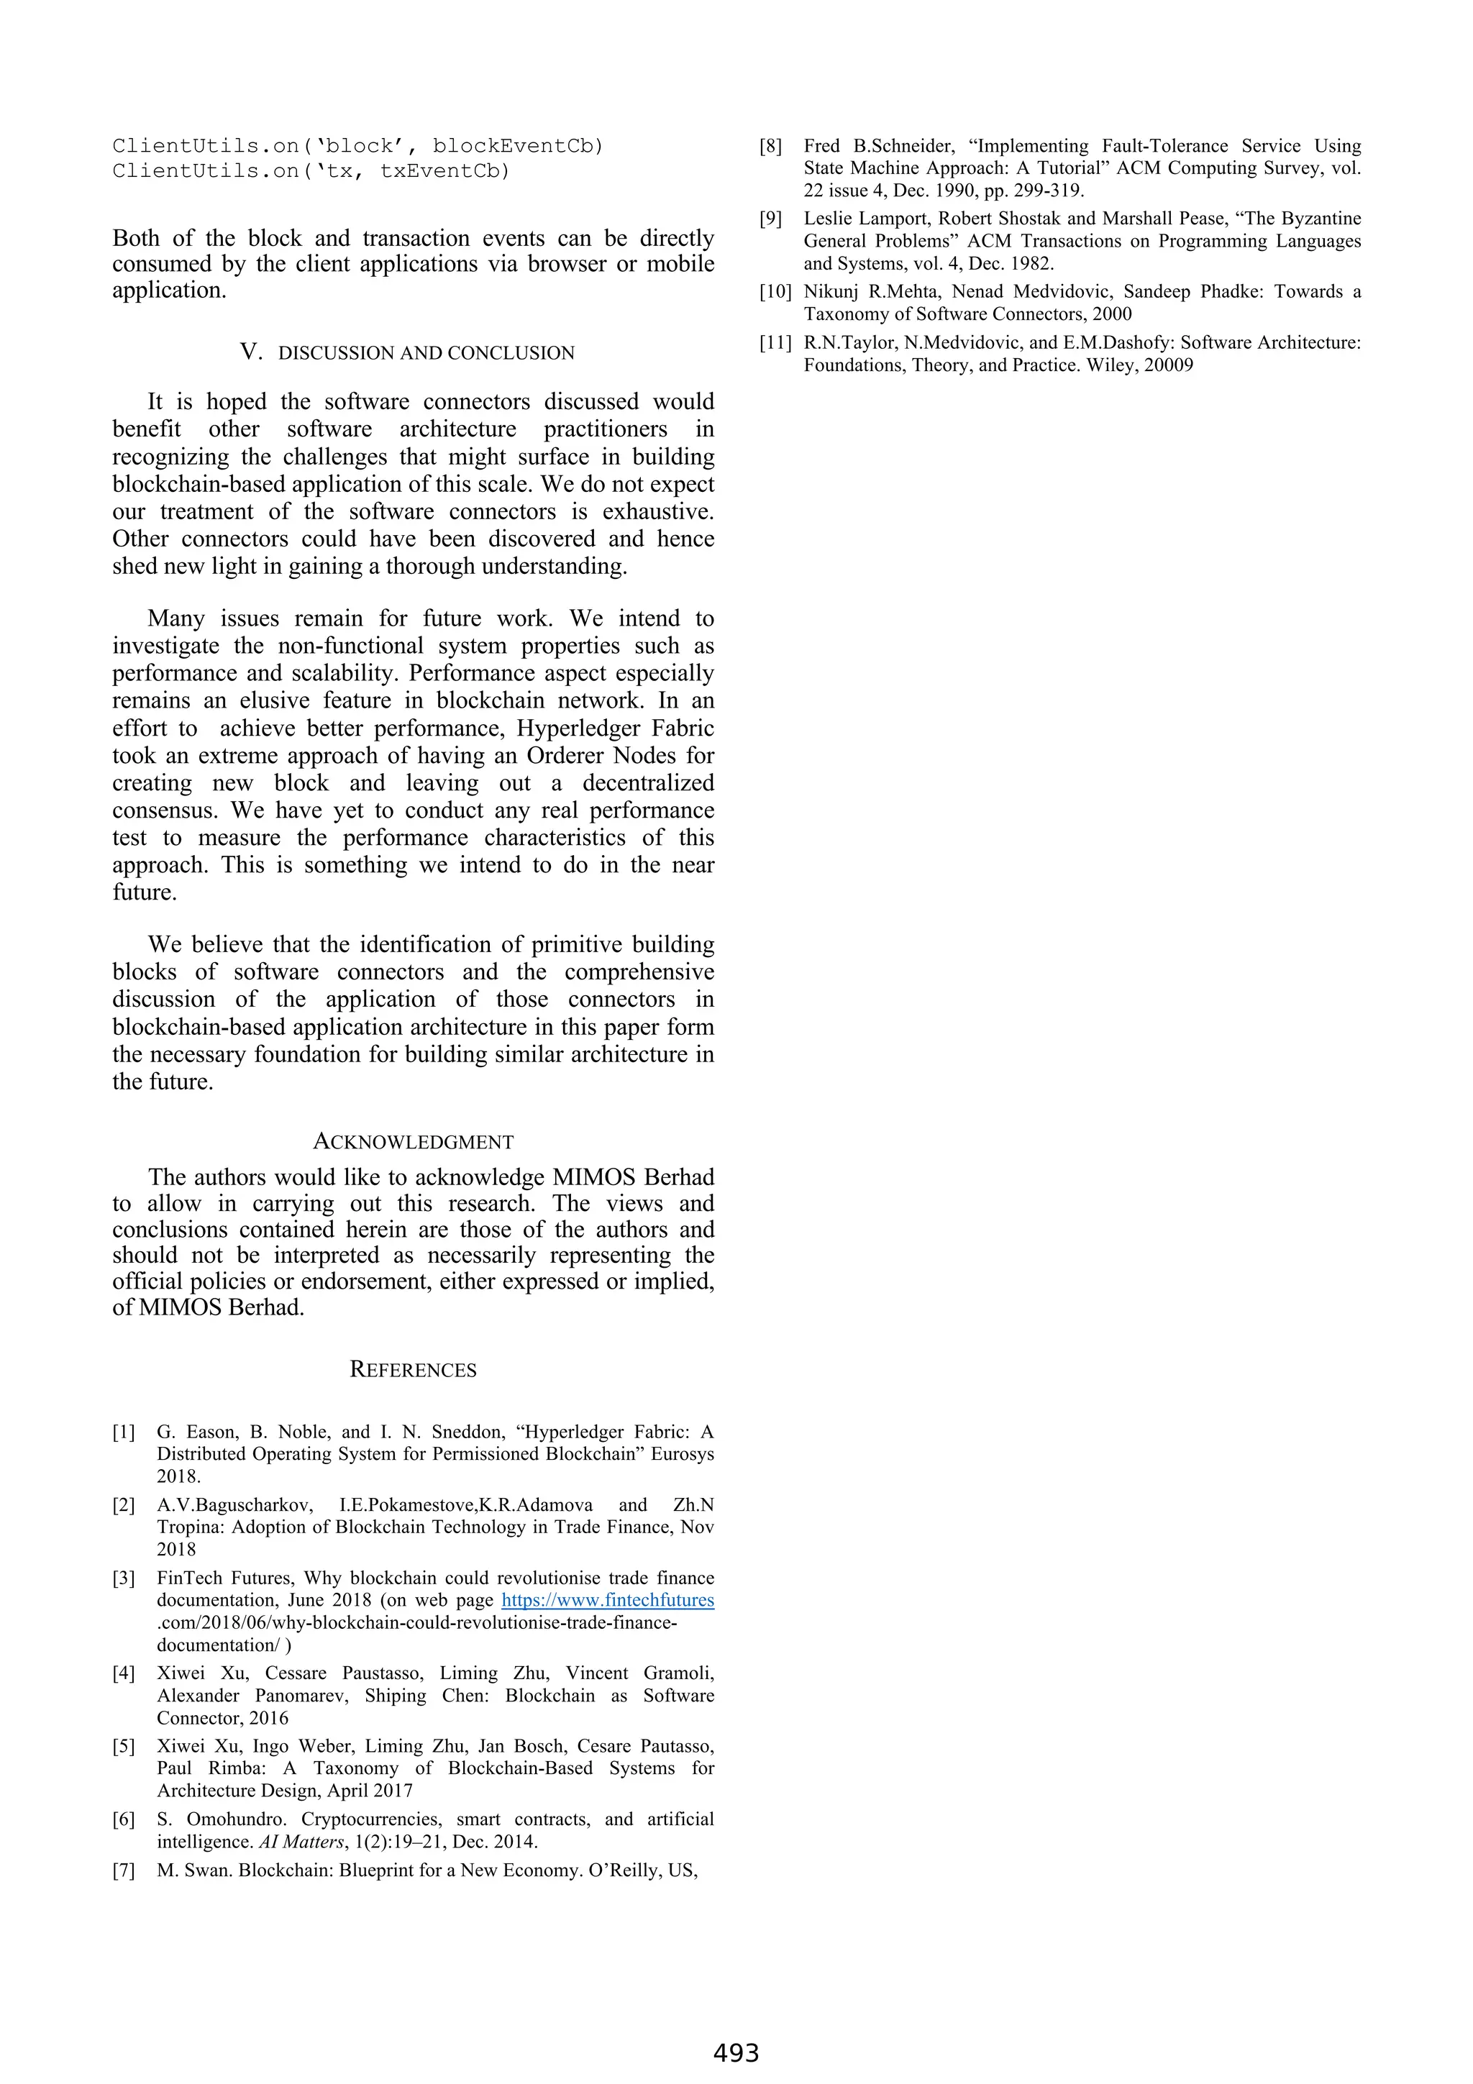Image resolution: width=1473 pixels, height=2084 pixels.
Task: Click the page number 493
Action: [x=735, y=2052]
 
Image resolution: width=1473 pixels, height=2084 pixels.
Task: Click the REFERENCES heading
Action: [x=413, y=1370]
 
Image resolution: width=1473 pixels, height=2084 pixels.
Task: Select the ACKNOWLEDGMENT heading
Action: [x=413, y=1142]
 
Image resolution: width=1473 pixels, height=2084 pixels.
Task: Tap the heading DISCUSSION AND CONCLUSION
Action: [x=426, y=353]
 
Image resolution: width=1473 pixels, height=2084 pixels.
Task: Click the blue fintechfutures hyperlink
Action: [x=607, y=1600]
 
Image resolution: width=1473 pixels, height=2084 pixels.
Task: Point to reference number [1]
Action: [x=124, y=1432]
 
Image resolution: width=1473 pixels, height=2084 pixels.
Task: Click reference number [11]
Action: [x=775, y=343]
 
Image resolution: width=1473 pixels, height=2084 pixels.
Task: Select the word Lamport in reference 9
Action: [x=892, y=219]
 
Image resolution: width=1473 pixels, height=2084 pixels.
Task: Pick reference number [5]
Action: [x=124, y=1746]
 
